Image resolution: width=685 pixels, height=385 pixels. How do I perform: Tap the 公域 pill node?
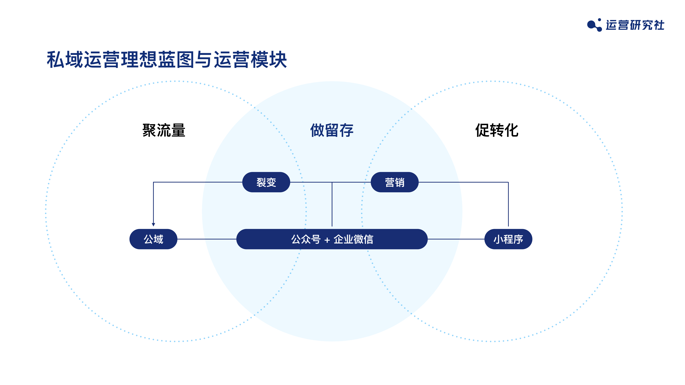click(153, 239)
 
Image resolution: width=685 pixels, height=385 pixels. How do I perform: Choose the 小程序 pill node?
click(508, 239)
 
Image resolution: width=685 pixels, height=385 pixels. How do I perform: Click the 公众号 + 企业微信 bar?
click(332, 239)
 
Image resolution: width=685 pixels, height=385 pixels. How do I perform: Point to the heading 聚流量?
click(164, 130)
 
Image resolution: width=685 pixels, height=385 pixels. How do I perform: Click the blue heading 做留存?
click(332, 130)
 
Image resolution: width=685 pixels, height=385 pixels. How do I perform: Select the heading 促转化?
click(497, 130)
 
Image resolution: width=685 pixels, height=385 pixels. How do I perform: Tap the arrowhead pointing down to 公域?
click(153, 225)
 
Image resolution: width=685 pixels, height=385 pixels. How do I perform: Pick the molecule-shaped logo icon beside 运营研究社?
click(594, 25)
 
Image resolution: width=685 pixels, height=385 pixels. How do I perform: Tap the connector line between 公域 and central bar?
click(207, 239)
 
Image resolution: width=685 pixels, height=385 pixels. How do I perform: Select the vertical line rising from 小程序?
click(508, 204)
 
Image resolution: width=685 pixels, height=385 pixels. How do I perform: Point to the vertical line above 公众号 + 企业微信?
click(332, 204)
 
